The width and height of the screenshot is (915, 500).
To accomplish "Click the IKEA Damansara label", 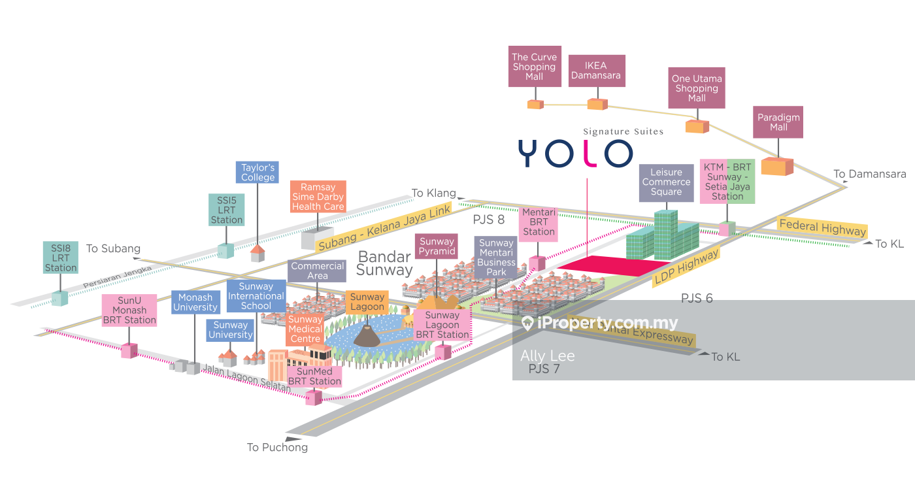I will click(597, 71).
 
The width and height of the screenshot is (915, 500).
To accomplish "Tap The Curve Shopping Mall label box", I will click(535, 67).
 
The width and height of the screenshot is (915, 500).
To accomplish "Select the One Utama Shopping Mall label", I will click(697, 88).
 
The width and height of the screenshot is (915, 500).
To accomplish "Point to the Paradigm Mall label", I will click(778, 122).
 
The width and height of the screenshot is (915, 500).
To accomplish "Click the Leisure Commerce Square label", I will click(666, 182).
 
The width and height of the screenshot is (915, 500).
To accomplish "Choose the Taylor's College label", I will click(258, 173).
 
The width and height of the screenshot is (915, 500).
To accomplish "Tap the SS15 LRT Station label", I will click(227, 210).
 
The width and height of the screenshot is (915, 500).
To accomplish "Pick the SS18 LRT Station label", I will click(61, 258).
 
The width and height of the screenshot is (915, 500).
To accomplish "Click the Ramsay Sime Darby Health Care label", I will click(318, 197).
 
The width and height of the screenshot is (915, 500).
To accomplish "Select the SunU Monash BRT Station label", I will click(129, 310).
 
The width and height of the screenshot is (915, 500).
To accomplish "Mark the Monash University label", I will click(195, 303).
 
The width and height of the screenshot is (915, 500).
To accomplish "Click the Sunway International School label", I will click(256, 296).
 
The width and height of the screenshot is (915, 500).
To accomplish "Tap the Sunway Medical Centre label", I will click(305, 329).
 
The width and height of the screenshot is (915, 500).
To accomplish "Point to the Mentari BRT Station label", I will click(539, 222).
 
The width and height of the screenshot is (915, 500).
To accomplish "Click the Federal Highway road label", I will click(822, 227).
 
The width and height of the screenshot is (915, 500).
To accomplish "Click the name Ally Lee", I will click(548, 356).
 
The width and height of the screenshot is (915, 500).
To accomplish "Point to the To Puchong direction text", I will click(277, 448).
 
